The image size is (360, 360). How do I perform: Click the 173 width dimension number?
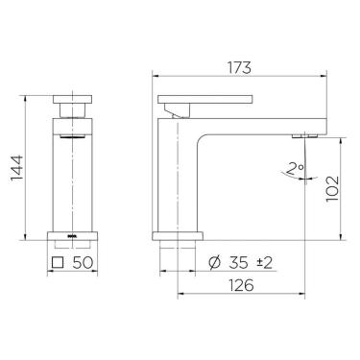(x=240, y=68)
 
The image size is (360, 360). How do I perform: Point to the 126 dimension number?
(x=241, y=284)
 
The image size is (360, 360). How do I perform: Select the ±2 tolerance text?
(x=264, y=260)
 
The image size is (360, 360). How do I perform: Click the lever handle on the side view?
(x=205, y=99)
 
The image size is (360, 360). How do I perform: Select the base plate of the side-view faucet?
(x=178, y=235)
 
